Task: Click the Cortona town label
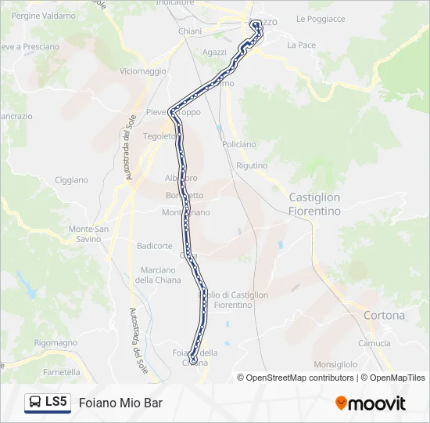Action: tap(385, 316)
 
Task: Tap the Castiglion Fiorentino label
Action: tap(315, 204)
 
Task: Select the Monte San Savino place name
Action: tap(89, 233)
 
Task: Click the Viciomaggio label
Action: tap(143, 71)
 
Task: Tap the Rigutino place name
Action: tap(251, 166)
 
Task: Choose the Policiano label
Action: tap(238, 144)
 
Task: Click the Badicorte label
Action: tap(155, 246)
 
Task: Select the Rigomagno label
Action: tap(56, 343)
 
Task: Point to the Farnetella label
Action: tap(62, 372)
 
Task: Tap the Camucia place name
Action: tap(374, 343)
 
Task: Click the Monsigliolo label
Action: tap(335, 365)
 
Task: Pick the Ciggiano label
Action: tap(71, 180)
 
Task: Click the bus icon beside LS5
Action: tap(35, 403)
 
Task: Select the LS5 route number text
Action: tap(56, 403)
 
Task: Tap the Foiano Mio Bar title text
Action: tap(120, 403)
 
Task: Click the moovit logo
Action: tap(371, 403)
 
